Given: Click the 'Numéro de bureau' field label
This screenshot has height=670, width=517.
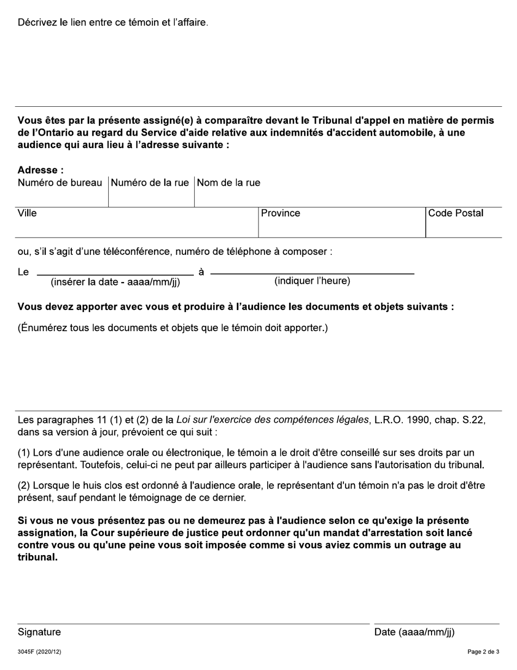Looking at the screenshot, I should pyautogui.click(x=60, y=183).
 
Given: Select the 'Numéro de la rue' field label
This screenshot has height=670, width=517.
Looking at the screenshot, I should pyautogui.click(x=150, y=183).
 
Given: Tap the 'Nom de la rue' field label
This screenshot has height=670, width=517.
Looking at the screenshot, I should pyautogui.click(x=229, y=183).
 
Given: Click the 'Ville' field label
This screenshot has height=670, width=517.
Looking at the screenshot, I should pyautogui.click(x=27, y=214).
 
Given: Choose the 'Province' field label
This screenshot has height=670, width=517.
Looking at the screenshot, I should pyautogui.click(x=280, y=214).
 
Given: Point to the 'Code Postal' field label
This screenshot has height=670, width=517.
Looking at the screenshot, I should pyautogui.click(x=456, y=214).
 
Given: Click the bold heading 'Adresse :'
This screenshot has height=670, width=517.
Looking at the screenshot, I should pyautogui.click(x=40, y=170).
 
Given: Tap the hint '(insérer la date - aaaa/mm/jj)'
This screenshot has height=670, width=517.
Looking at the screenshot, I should pyautogui.click(x=115, y=282).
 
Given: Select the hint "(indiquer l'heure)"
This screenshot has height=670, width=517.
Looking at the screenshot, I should pyautogui.click(x=312, y=281).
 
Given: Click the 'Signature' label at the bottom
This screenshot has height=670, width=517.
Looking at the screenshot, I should pyautogui.click(x=39, y=632).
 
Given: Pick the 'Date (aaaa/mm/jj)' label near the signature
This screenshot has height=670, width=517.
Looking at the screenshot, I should pyautogui.click(x=414, y=632).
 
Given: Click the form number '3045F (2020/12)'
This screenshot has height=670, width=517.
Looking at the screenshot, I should pyautogui.click(x=39, y=652).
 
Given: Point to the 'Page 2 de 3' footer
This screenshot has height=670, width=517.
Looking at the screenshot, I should pyautogui.click(x=483, y=652).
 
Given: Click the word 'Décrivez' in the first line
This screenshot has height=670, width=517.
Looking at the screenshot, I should pyautogui.click(x=38, y=23).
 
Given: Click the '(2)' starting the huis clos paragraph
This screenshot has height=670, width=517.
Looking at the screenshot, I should pyautogui.click(x=25, y=485).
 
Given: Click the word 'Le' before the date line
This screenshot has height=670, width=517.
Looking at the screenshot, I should pyautogui.click(x=23, y=272).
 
